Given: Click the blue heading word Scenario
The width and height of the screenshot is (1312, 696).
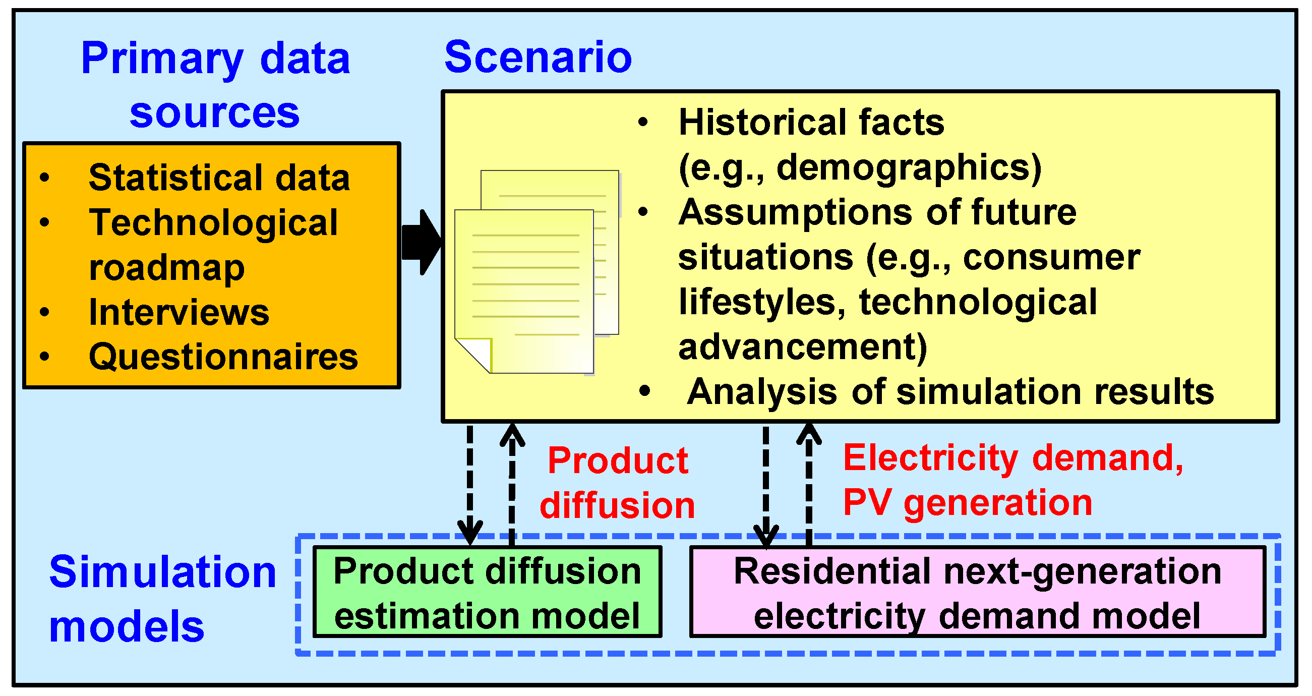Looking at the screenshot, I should (538, 57).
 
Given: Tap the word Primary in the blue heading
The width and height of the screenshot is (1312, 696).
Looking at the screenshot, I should (162, 59).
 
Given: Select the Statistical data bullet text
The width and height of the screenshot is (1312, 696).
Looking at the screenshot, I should (219, 178).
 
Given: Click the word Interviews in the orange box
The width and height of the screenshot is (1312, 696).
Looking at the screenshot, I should (179, 312).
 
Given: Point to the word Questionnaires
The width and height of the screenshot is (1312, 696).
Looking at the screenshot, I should (223, 357).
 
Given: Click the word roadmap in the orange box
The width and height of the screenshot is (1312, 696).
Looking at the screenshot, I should (166, 267).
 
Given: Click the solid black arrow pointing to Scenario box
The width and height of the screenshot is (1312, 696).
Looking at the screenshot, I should (421, 243).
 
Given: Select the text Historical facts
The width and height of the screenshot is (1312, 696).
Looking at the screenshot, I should (811, 123).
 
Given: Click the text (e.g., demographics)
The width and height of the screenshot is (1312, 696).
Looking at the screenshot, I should (860, 167).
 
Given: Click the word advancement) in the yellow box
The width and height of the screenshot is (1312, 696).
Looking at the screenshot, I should (803, 347).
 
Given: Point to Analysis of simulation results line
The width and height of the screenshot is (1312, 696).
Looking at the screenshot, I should (950, 392).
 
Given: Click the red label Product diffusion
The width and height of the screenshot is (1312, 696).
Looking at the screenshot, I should (617, 483).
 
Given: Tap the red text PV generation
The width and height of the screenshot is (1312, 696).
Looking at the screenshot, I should (968, 502).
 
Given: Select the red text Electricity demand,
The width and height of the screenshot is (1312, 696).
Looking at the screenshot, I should (1013, 457).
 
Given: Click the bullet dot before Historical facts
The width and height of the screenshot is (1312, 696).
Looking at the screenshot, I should (643, 122).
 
